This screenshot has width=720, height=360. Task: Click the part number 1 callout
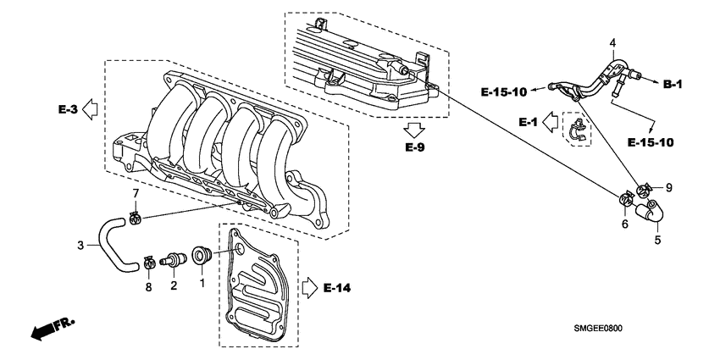[x=202, y=285]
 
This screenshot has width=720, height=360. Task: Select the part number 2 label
[x=174, y=285]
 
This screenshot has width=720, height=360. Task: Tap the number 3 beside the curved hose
[x=81, y=246]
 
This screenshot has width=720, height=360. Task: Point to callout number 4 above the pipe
[x=612, y=43]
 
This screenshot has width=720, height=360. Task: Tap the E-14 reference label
[x=337, y=289]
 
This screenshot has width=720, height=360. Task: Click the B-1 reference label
[x=673, y=84]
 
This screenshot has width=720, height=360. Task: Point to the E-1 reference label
[x=530, y=122]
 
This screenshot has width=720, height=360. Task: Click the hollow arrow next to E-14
[x=309, y=288]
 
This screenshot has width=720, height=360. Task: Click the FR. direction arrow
[x=50, y=330]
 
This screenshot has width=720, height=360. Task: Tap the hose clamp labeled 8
[x=149, y=262]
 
